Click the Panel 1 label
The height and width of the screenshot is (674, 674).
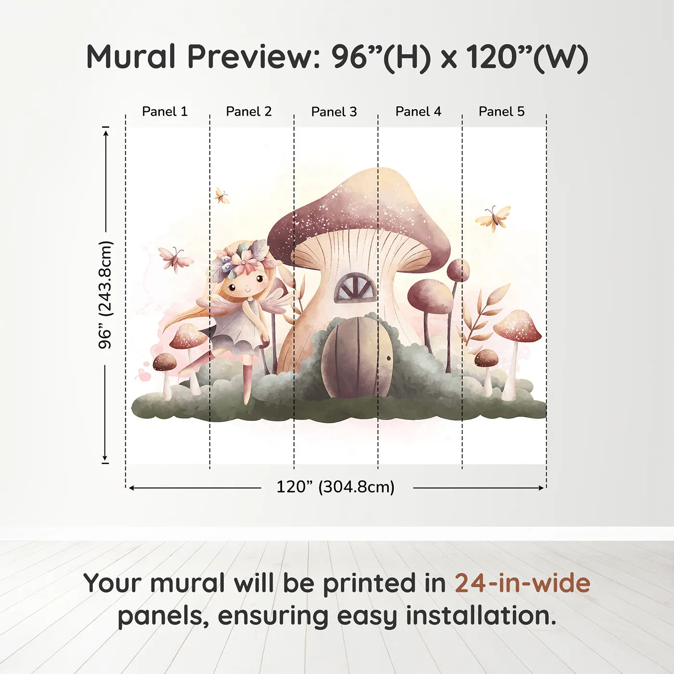pyautogui.click(x=165, y=112)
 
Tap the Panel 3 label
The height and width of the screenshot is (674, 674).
pyautogui.click(x=334, y=112)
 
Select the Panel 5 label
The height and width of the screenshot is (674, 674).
pyautogui.click(x=502, y=112)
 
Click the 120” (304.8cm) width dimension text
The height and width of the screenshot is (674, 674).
pyautogui.click(x=336, y=487)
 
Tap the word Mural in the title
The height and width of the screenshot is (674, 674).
pyautogui.click(x=131, y=57)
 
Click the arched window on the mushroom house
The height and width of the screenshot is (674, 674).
pyautogui.click(x=355, y=287)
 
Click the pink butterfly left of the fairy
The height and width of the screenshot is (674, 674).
pyautogui.click(x=176, y=259)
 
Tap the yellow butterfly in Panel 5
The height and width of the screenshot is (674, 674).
pyautogui.click(x=493, y=218)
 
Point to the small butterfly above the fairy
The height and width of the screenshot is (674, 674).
pyautogui.click(x=221, y=196)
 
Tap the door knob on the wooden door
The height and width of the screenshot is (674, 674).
pyautogui.click(x=388, y=358)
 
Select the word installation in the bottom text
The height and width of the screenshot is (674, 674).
pyautogui.click(x=480, y=616)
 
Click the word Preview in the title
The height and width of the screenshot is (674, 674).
pyautogui.click(x=254, y=57)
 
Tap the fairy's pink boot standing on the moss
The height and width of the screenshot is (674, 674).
pyautogui.click(x=247, y=384)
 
